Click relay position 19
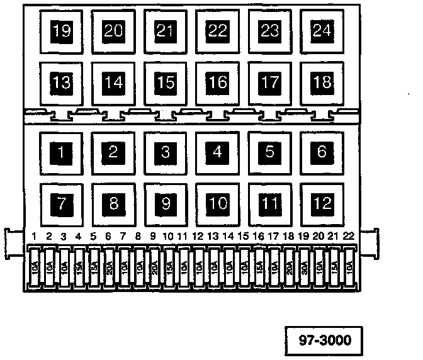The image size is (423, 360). point(61,30)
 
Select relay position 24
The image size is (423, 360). point(322,30)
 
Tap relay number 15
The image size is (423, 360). point(165,82)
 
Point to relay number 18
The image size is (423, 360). point(322,82)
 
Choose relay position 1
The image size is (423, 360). point(61,152)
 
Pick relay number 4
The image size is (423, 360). point(217,152)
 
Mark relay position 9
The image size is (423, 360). point(165,203)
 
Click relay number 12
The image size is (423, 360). point(322,203)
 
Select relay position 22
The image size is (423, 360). point(217,30)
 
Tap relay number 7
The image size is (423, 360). point(61,203)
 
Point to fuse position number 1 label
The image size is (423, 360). point(34,237)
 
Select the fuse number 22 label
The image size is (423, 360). point(348,237)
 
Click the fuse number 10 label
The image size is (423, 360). point(167,237)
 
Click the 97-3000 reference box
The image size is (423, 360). point(324,341)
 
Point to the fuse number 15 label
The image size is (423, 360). point(243,237)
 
